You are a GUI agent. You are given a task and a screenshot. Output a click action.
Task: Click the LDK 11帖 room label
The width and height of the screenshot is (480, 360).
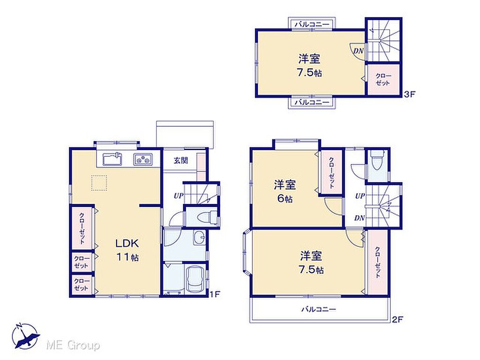(x=127, y=250)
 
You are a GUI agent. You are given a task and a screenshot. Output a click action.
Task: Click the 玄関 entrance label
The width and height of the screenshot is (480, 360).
(x=181, y=160)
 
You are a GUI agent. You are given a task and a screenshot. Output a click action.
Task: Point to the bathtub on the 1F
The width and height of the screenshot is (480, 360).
(x=195, y=279)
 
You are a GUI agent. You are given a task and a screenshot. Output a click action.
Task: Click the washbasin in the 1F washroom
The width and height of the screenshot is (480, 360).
(x=199, y=237)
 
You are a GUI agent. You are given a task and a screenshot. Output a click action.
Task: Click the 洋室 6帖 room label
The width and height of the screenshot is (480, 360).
(x=285, y=192)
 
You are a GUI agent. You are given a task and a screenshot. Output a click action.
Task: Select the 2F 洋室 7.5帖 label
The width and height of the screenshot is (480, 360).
(x=311, y=262)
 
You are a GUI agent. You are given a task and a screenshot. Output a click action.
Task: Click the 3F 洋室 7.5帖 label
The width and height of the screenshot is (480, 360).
(x=309, y=65)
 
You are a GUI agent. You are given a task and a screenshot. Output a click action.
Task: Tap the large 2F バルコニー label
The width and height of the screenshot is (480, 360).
(x=318, y=309)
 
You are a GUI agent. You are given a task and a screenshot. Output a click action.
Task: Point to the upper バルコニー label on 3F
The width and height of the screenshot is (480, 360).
(x=312, y=24)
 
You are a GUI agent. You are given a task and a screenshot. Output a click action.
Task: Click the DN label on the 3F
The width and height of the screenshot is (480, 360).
(x=359, y=51)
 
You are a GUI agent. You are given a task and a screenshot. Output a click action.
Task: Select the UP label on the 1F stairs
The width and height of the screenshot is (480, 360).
(x=179, y=195)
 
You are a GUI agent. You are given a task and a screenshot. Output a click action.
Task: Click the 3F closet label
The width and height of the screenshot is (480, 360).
(x=383, y=79)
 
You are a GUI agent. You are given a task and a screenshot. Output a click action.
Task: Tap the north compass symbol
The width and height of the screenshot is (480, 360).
(x=26, y=336)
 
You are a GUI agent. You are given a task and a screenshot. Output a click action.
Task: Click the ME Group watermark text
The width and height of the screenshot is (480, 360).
(x=73, y=345)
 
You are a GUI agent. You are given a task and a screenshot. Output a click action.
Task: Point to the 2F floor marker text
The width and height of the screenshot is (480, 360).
(x=397, y=320)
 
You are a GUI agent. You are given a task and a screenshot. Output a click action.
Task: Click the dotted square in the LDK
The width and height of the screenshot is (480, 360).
(x=99, y=183)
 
